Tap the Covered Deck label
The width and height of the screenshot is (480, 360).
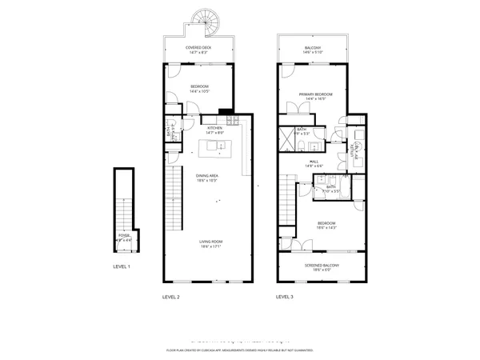tap(198, 48)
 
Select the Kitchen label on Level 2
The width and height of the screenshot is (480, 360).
tap(214, 128)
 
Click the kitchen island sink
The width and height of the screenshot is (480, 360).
tap(214, 146)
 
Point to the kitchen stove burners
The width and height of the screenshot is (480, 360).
tap(232, 121)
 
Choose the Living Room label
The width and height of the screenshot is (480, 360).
tap(211, 242)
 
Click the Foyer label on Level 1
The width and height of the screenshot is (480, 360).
tap(124, 235)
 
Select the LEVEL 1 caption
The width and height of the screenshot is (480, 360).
tap(121, 266)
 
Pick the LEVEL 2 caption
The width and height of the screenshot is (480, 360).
tap(171, 297)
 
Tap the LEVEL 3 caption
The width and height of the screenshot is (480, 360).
tap(285, 297)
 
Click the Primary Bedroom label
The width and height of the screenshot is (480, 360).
tap(315, 94)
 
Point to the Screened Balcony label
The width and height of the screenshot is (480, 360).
tap(322, 265)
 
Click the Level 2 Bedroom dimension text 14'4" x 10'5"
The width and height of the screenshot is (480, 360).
tap(199, 91)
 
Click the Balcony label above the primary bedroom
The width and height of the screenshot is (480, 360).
tap(314, 48)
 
